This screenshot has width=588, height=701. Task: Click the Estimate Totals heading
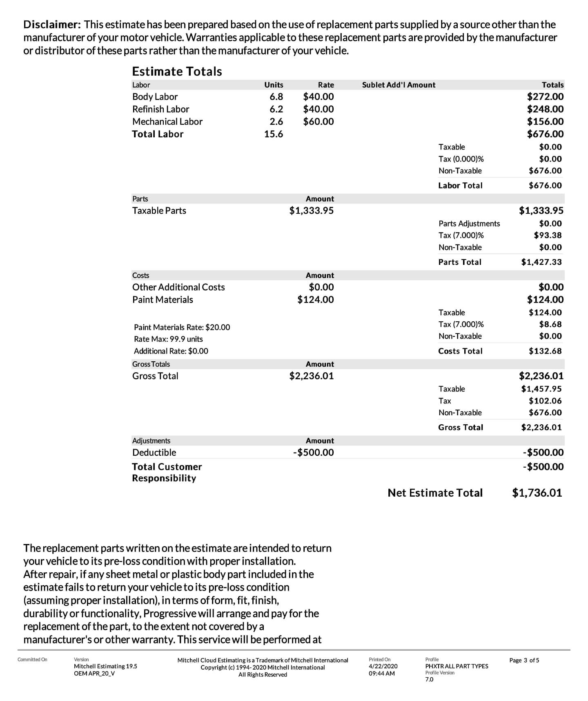tap(177, 72)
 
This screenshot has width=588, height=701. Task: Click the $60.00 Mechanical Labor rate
tap(318, 122)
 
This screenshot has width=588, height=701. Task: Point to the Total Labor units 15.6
tap(273, 134)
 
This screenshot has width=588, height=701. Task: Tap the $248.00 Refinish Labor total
tap(545, 109)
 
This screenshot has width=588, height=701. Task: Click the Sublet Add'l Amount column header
tap(399, 85)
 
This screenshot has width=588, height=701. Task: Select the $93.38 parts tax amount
tap(548, 235)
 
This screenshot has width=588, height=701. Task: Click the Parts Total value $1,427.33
tap(541, 262)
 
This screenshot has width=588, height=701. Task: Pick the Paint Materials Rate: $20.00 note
tap(182, 327)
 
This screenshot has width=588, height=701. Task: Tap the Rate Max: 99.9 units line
tap(168, 339)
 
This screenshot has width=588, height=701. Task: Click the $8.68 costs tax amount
tap(550, 325)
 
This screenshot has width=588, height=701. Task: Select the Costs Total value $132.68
tap(545, 351)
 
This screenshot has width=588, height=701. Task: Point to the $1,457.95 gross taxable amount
tap(541, 389)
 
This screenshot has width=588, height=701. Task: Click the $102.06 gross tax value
tap(545, 401)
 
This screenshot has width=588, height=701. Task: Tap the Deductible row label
tap(154, 453)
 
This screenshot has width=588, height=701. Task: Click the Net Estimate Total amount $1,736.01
tap(537, 493)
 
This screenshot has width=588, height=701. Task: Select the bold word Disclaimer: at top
tap(52, 25)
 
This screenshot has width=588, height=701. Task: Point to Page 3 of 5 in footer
tap(524, 661)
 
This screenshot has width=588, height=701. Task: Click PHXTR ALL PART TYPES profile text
tap(456, 666)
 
